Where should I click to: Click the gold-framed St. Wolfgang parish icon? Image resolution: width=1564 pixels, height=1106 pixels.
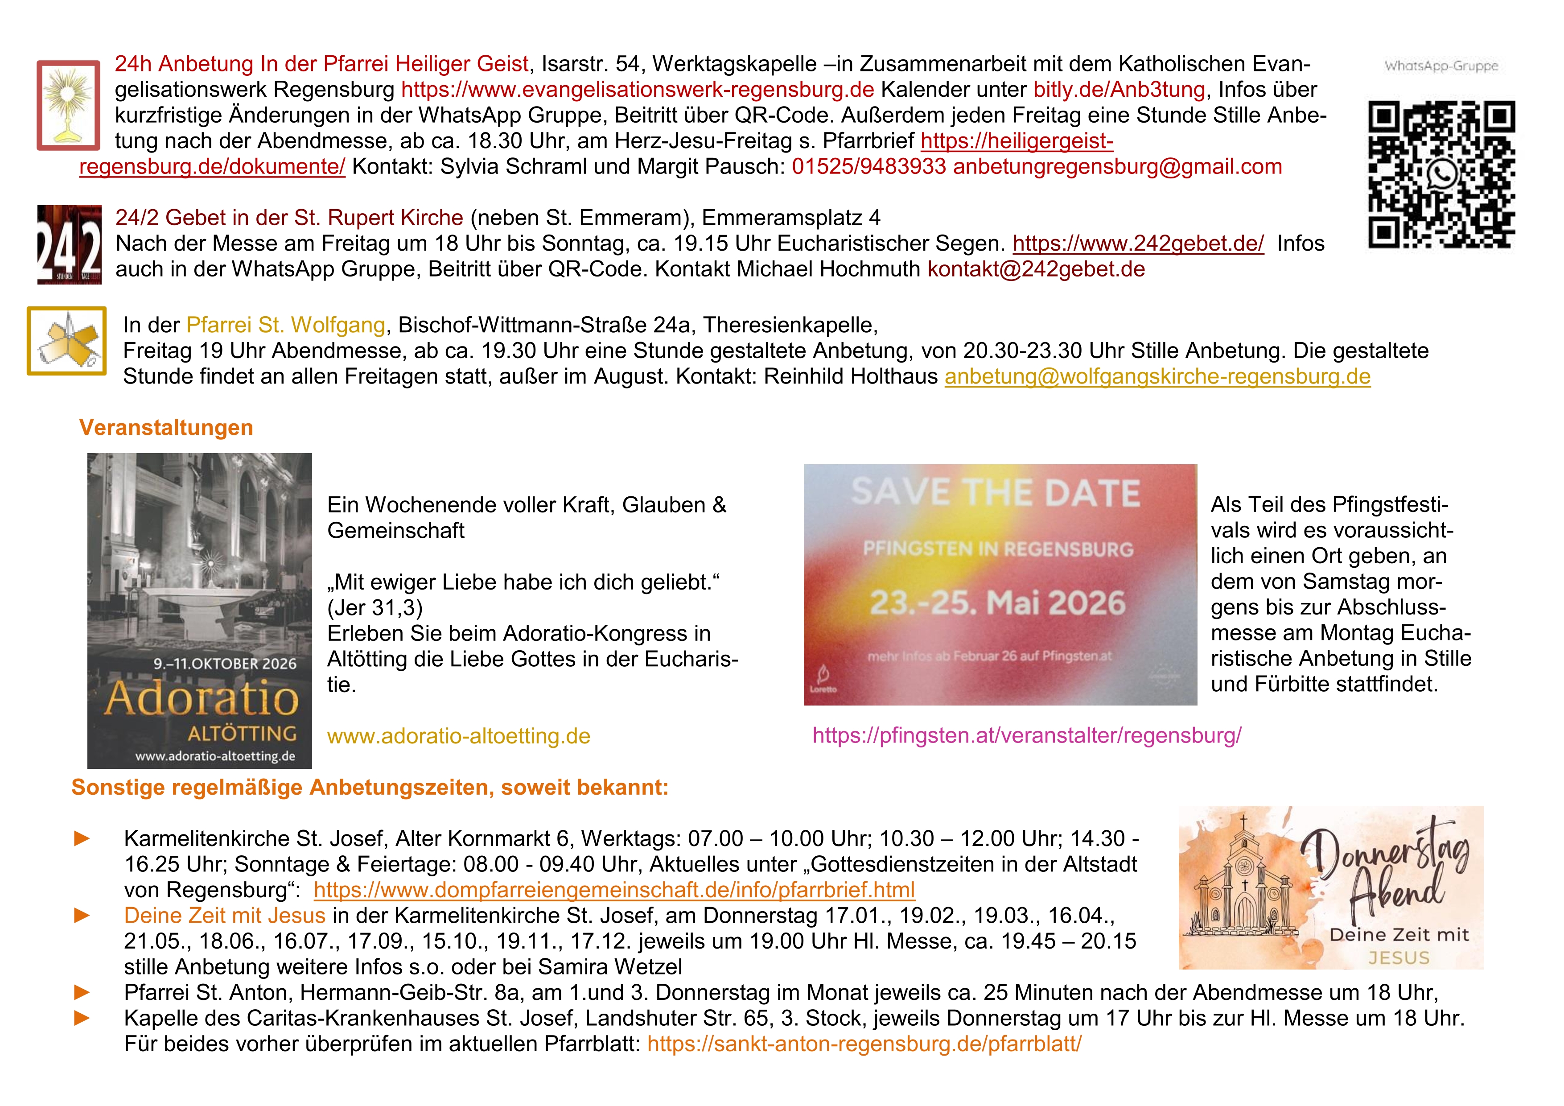click(67, 341)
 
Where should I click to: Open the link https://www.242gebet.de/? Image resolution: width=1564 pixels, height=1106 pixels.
click(1138, 244)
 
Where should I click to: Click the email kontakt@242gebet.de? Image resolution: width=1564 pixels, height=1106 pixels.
click(1035, 270)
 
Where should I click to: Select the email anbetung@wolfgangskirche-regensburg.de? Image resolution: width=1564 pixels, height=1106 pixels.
click(1157, 377)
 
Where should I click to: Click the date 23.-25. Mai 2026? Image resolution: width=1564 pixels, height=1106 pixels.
click(997, 603)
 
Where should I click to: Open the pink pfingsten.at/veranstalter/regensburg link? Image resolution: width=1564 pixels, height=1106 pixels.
click(1027, 736)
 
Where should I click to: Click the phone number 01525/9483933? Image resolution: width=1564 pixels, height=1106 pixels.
click(868, 167)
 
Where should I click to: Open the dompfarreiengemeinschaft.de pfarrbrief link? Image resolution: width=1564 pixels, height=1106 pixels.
click(614, 891)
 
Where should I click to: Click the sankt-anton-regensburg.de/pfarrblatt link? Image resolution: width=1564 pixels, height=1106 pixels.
click(864, 1044)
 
